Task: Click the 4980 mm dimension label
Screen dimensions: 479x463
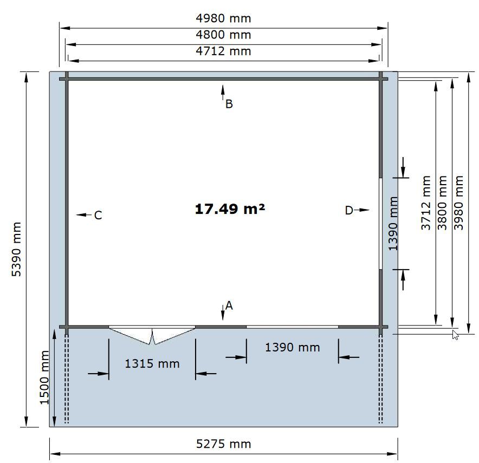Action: coord(223,18)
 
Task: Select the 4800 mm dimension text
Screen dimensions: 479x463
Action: coord(223,35)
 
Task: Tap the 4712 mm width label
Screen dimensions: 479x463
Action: coord(223,51)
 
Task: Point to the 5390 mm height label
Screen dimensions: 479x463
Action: coord(16,249)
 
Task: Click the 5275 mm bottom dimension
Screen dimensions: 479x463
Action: coord(223,444)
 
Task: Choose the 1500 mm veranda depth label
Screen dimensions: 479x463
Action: coord(44,377)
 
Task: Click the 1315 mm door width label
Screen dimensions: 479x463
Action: coord(152,363)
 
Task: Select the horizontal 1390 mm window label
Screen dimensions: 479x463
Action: coord(293,347)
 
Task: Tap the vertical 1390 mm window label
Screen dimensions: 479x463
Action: coord(393,224)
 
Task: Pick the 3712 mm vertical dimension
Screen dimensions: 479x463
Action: coord(426,203)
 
